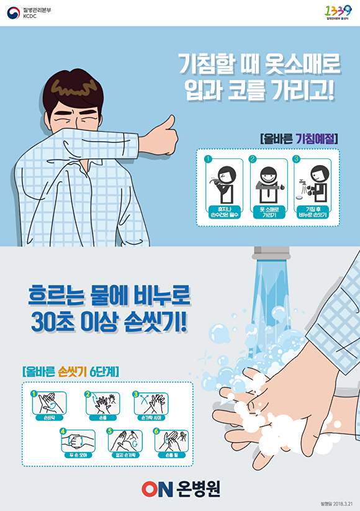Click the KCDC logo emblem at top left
pyautogui.click(x=13, y=12)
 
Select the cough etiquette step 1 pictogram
pyautogui.click(x=224, y=181)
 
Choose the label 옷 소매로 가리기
pyautogui.click(x=269, y=213)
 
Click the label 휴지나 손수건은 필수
pyautogui.click(x=224, y=213)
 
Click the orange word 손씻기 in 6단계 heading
pyautogui.click(x=73, y=372)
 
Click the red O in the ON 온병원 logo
pyautogui.click(x=151, y=489)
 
